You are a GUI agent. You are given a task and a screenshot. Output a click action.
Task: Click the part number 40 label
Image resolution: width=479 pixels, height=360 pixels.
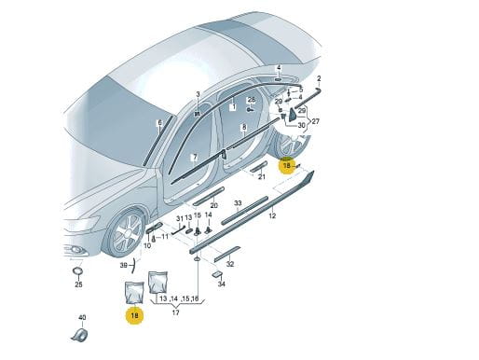pos(82,317)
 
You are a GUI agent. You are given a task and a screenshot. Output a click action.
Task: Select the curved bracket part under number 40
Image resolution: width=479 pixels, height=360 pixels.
pos(80,335)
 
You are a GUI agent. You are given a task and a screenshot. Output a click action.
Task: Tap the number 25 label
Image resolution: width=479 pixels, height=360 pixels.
pos(78,284)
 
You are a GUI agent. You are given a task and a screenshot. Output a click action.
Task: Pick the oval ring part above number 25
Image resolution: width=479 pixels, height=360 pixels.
pos(77,270)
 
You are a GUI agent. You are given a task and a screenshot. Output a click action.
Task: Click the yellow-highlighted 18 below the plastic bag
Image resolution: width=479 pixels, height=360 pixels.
pos(134,315)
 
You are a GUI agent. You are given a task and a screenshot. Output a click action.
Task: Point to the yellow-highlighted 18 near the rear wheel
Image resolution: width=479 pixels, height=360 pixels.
pos(286,166)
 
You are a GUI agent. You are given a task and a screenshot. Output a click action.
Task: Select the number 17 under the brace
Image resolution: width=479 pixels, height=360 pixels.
pos(176,312)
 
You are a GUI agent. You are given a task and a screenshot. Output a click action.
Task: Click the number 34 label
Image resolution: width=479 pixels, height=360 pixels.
pos(221,284)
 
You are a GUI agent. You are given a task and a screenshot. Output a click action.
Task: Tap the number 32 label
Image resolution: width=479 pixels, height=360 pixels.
pos(230,264)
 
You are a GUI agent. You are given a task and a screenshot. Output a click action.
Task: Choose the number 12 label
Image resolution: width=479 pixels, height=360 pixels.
pos(272,215)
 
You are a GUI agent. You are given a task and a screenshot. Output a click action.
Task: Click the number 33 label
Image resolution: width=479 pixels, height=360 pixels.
pos(238,203)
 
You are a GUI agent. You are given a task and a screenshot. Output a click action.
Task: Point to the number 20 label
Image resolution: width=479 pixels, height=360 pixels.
pos(214,205)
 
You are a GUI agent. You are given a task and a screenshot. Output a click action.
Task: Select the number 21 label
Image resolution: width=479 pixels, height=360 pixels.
pos(262,177)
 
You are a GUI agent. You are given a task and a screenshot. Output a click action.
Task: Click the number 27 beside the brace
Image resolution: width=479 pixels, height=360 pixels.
pos(316,121)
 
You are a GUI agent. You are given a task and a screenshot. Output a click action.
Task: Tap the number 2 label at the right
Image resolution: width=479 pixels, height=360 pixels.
pos(319,78)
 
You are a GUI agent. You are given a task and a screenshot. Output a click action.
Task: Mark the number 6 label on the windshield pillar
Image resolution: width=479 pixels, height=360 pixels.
pos(160,123)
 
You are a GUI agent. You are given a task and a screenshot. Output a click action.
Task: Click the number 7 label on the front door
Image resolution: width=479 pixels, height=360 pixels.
pos(195,157)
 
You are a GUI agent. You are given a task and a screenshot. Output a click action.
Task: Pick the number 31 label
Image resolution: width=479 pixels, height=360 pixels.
pos(180,218)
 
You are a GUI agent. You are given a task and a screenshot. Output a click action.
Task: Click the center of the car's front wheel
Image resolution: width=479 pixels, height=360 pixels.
pos(127,233)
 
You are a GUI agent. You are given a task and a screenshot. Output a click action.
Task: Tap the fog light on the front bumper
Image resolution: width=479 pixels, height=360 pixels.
pos(75,249)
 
